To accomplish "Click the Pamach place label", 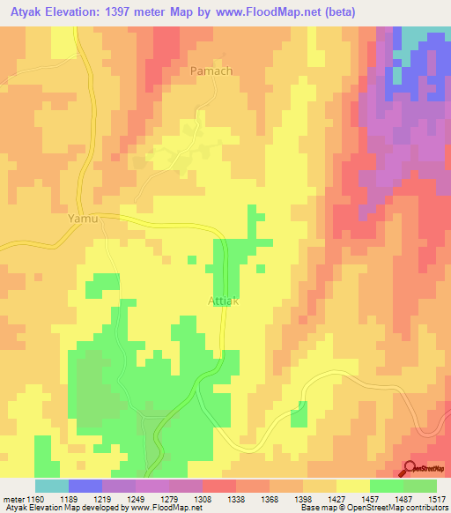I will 211,70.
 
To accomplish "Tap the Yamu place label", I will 82,217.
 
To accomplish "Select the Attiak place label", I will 224,301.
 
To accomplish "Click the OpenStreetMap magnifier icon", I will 410,469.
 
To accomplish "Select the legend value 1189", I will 85,498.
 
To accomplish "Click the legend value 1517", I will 436,498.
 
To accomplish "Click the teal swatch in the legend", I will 52,486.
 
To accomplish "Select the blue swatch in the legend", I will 85,486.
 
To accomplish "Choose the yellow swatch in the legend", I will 353,486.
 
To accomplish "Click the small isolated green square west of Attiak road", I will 191,259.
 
